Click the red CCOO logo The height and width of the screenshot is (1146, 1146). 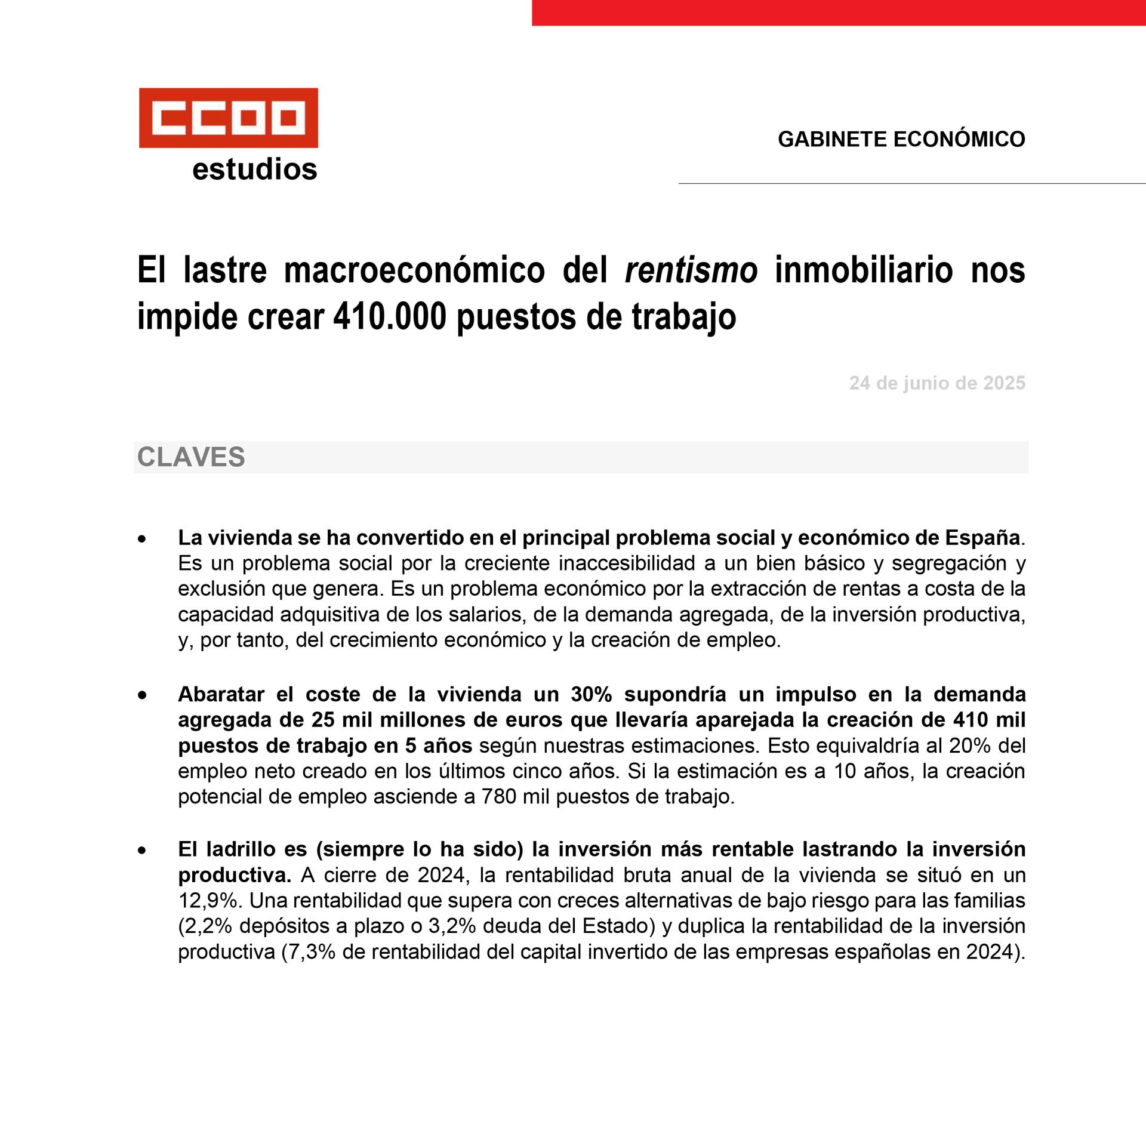click(x=228, y=118)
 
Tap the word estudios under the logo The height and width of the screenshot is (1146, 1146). click(x=254, y=170)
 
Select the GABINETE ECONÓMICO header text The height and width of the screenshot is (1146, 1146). click(x=901, y=139)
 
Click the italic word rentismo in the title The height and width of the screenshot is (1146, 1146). click(x=691, y=270)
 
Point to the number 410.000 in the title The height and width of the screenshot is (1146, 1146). click(x=389, y=317)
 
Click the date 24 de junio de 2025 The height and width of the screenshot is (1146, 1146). click(x=936, y=383)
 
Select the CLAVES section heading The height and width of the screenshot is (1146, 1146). click(x=191, y=457)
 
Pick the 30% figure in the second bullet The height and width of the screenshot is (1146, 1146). click(x=592, y=694)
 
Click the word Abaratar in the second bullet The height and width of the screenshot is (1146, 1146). click(x=221, y=694)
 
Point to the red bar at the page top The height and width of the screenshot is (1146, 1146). click(x=838, y=13)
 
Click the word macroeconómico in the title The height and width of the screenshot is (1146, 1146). click(x=414, y=270)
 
